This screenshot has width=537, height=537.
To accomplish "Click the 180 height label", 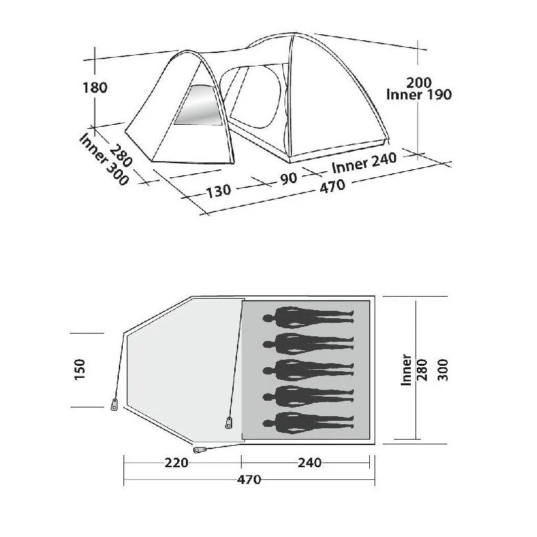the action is [x=95, y=88].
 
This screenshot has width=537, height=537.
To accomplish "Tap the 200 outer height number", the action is [x=419, y=83].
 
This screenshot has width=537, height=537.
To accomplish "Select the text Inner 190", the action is [x=419, y=95].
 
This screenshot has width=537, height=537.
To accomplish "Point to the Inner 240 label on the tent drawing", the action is [x=364, y=163].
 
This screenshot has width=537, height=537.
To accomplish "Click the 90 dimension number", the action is [x=289, y=178].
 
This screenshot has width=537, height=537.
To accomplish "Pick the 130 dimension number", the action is [x=219, y=191].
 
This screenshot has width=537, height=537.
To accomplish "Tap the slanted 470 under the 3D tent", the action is [x=332, y=187].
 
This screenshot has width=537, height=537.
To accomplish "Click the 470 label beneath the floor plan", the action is [x=249, y=479].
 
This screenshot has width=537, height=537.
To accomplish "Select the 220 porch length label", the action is [x=177, y=462].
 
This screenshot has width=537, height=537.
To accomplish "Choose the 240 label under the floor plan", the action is [x=309, y=462].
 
